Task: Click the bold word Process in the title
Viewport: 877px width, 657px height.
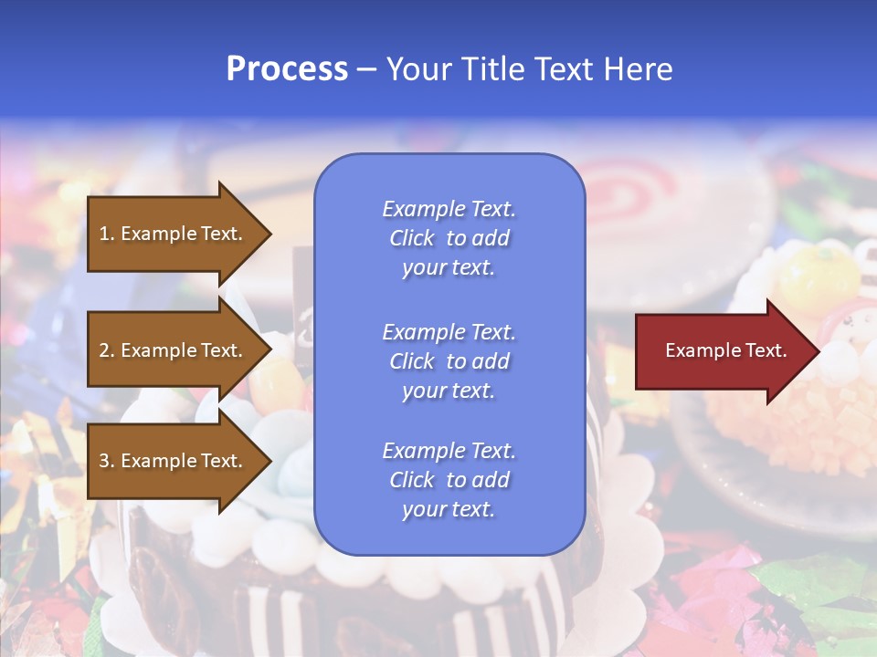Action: click(x=287, y=69)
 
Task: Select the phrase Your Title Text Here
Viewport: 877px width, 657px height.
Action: click(x=529, y=69)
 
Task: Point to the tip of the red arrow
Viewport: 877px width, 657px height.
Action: click(x=818, y=350)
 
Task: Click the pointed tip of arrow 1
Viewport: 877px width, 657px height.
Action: click(x=269, y=234)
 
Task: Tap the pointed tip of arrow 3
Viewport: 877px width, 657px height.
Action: click(x=269, y=461)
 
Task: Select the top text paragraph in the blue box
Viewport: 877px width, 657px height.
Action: click(x=449, y=238)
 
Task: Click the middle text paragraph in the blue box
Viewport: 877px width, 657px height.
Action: click(x=449, y=361)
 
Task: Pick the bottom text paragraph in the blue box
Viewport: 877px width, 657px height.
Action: click(x=449, y=480)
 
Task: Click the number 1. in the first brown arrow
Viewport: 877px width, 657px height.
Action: click(x=107, y=234)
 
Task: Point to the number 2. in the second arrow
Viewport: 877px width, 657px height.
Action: click(x=107, y=350)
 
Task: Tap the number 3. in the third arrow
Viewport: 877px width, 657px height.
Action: click(x=107, y=461)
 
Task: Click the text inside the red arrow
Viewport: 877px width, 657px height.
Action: click(x=725, y=350)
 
